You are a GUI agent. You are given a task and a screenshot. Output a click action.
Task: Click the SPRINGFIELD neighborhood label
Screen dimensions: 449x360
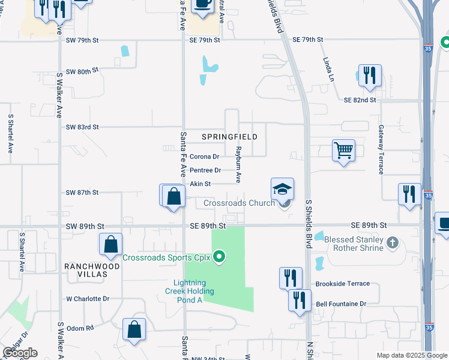click(229, 137)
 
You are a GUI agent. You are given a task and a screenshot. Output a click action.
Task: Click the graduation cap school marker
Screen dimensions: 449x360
click(282, 190)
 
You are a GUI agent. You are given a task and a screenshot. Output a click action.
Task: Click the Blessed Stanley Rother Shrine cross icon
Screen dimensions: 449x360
click(393, 242)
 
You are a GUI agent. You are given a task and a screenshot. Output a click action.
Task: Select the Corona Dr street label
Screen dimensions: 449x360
click(205, 157)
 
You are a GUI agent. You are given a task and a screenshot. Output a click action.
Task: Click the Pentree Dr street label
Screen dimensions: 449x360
click(205, 170)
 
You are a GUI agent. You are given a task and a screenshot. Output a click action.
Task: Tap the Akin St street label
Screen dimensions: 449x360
click(200, 184)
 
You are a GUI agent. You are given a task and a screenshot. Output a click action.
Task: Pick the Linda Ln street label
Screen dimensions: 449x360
click(328, 70)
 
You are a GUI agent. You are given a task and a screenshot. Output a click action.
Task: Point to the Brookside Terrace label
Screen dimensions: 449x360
click(343, 284)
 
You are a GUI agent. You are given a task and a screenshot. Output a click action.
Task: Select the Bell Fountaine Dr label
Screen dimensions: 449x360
click(340, 304)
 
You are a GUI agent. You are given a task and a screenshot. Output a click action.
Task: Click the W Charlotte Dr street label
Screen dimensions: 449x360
click(88, 298)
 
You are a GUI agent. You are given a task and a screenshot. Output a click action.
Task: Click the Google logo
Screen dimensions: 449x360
click(20, 353)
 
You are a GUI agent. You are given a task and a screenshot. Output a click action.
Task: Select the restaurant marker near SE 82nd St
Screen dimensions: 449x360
click(369, 76)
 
